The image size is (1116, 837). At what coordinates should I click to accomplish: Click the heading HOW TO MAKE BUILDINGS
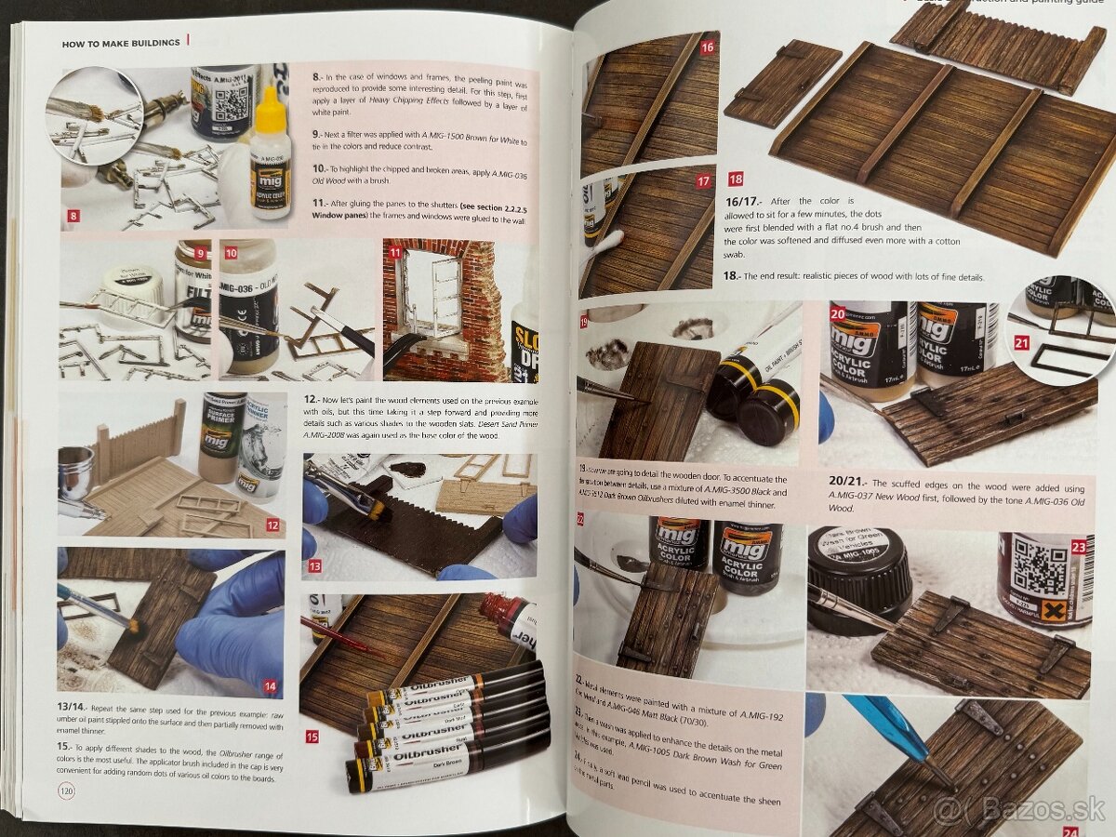(120, 43)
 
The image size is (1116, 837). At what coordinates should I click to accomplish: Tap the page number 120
(66, 790)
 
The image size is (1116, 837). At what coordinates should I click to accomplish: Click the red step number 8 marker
(73, 219)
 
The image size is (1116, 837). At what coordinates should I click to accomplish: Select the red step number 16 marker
(708, 46)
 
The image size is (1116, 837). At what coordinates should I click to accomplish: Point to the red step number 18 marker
(736, 179)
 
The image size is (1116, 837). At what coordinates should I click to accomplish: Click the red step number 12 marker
(272, 525)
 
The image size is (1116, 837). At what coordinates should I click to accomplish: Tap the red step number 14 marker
(270, 687)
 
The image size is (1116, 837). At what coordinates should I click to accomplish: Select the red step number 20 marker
(836, 313)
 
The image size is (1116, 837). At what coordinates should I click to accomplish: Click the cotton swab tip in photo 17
(614, 244)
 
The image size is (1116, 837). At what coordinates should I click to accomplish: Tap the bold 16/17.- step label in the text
(743, 201)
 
